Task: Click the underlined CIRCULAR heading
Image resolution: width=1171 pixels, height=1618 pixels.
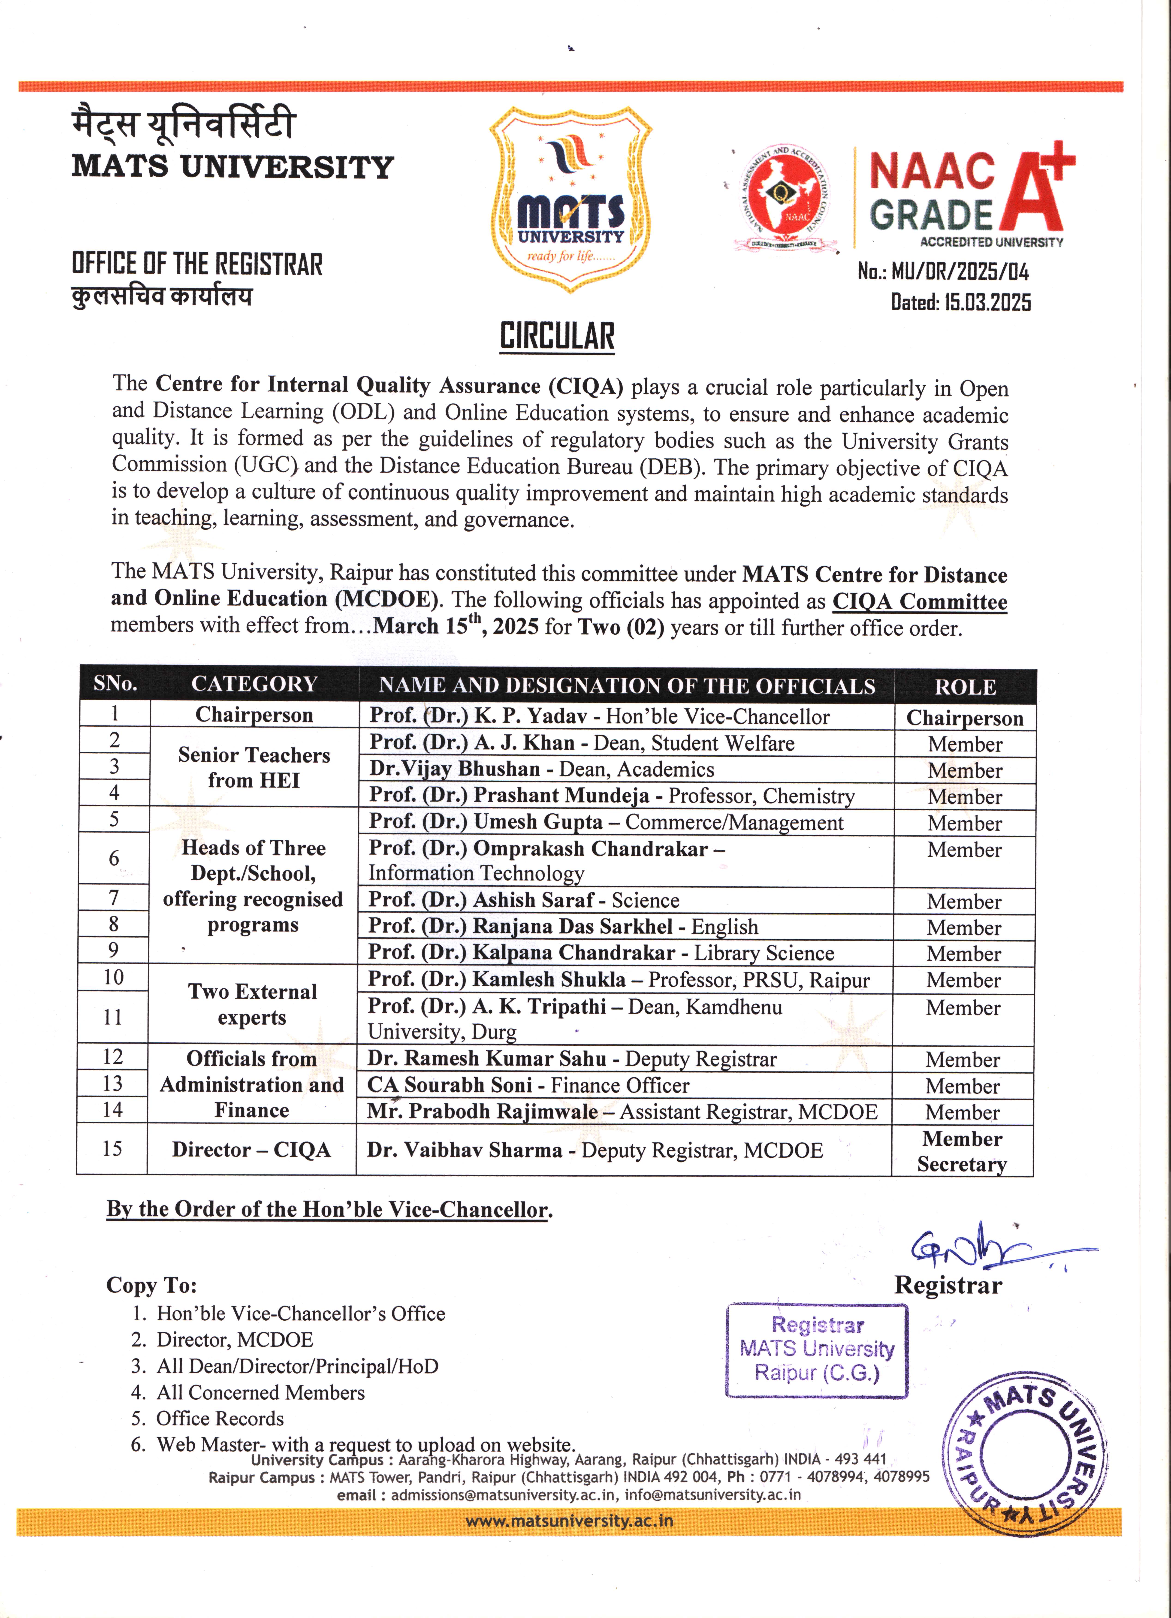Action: click(x=557, y=336)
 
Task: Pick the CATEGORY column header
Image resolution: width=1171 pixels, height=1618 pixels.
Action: click(x=254, y=684)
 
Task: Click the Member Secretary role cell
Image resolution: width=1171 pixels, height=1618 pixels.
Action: click(x=962, y=1151)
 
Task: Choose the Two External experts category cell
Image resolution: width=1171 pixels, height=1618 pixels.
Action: click(x=253, y=1004)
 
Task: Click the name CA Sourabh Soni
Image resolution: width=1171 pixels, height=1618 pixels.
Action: click(x=450, y=1085)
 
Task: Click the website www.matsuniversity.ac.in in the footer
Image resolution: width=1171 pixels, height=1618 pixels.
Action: click(x=569, y=1520)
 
